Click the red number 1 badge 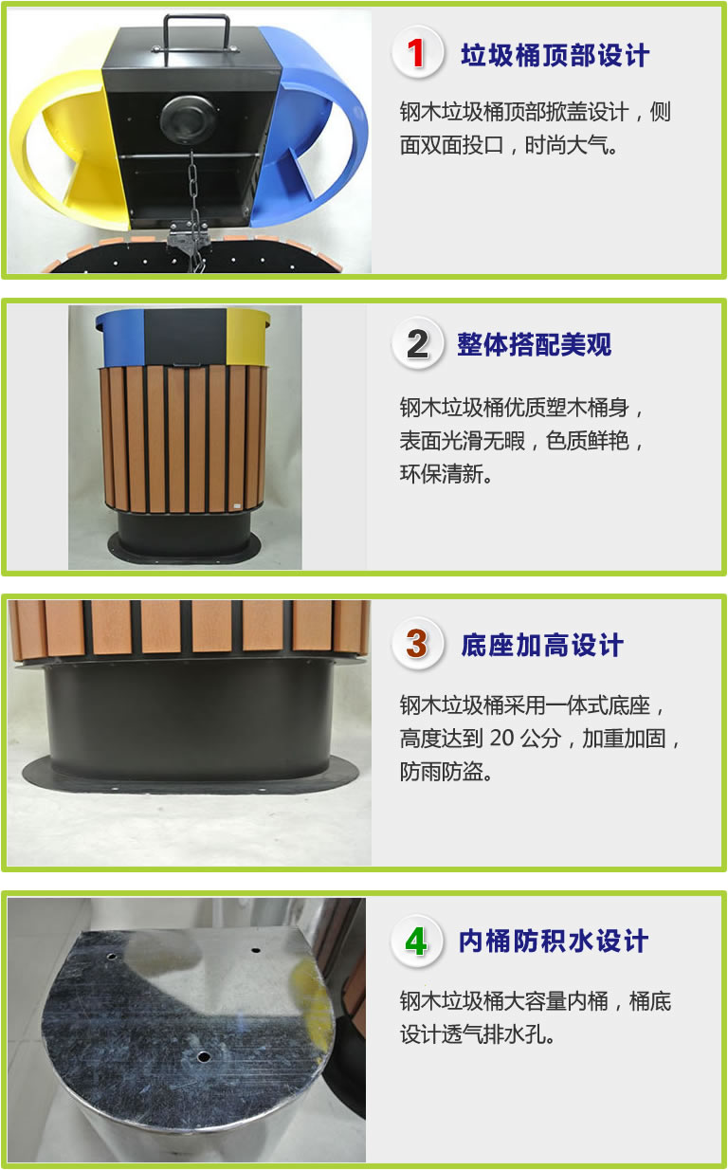(417, 52)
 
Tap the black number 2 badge (417, 343)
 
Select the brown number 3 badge (417, 644)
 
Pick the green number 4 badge (417, 941)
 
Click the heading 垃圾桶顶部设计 (555, 55)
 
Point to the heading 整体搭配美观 (535, 345)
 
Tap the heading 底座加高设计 (542, 645)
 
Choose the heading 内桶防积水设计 (554, 941)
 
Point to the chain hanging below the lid (192, 209)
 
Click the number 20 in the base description (501, 738)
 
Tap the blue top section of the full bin (120, 337)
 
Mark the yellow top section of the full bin (248, 336)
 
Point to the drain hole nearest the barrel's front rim (204, 1057)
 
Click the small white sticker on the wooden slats (236, 505)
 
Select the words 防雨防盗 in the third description (442, 772)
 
